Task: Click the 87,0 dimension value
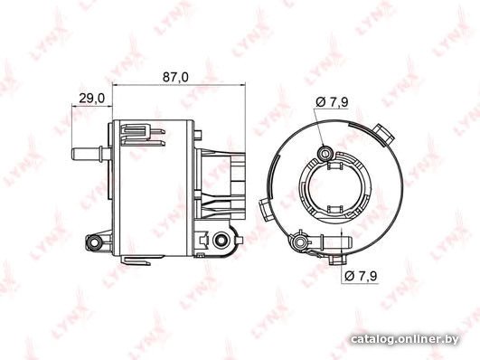pos(175,77)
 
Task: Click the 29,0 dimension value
pos(92,99)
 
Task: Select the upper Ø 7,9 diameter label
pos(332,102)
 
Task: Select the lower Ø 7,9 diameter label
pos(361,276)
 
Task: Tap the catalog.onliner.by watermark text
pos(405,339)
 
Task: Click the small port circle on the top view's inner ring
pos(325,153)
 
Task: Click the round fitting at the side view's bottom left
pos(94,242)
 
